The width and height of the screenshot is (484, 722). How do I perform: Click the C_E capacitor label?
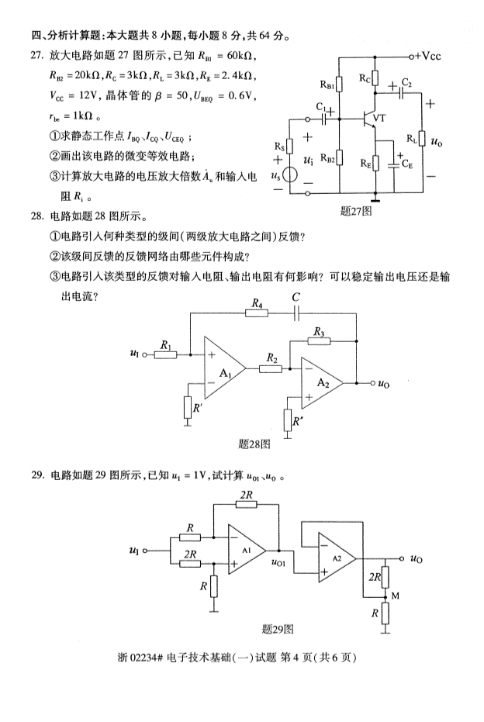click(x=408, y=165)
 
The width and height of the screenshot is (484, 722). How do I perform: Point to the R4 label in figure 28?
click(x=255, y=306)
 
